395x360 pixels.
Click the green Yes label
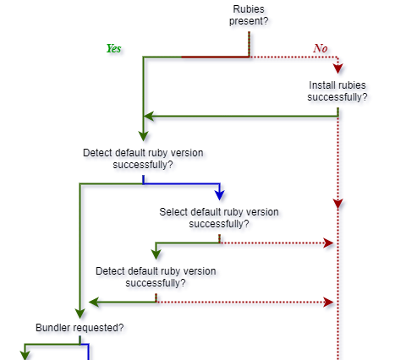pos(113,48)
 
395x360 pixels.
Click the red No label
pos(320,48)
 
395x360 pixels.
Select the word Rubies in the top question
pos(249,9)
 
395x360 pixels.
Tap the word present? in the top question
pos(249,21)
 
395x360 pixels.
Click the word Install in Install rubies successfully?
pos(324,85)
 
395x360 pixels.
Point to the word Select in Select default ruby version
pos(173,211)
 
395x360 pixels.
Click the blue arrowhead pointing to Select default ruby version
pos(220,195)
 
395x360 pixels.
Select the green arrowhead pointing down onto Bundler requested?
pos(80,312)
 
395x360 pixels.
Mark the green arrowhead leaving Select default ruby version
pos(156,254)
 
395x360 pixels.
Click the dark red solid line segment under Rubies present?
pos(215,57)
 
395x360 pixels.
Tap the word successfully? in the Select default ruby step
pos(218,223)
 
